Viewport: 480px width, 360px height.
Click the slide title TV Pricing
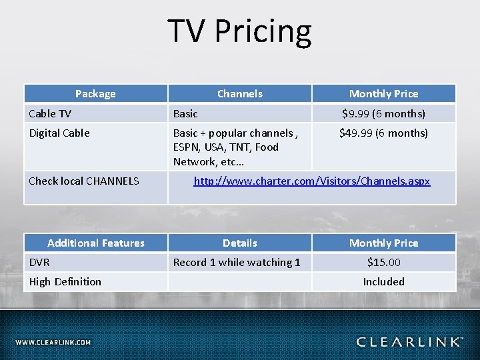pyautogui.click(x=239, y=31)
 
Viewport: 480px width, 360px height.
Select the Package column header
pyautogui.click(x=95, y=94)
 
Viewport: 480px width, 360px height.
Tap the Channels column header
pyautogui.click(x=239, y=94)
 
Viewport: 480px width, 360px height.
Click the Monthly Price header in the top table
pyautogui.click(x=383, y=94)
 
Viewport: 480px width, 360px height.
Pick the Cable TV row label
pyautogui.click(x=50, y=113)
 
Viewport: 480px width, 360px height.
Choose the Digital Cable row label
pyautogui.click(x=59, y=133)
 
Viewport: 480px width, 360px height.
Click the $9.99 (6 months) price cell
pyautogui.click(x=383, y=113)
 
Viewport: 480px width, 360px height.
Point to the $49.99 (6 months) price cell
pyautogui.click(x=383, y=133)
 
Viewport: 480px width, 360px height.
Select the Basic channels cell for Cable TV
pyautogui.click(x=185, y=113)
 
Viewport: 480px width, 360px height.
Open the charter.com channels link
pyautogui.click(x=311, y=181)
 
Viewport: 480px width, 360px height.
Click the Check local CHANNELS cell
pyautogui.click(x=84, y=181)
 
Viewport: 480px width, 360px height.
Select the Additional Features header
pyautogui.click(x=95, y=243)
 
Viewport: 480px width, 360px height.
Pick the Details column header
pyautogui.click(x=239, y=243)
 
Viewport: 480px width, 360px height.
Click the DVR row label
pyautogui.click(x=39, y=262)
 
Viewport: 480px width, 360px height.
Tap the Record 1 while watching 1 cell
pyautogui.click(x=237, y=262)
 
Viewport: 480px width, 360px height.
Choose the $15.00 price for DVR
pyautogui.click(x=383, y=262)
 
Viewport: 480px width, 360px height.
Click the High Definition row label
pyautogui.click(x=65, y=281)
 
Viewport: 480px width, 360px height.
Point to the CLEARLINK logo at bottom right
pyautogui.click(x=409, y=342)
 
